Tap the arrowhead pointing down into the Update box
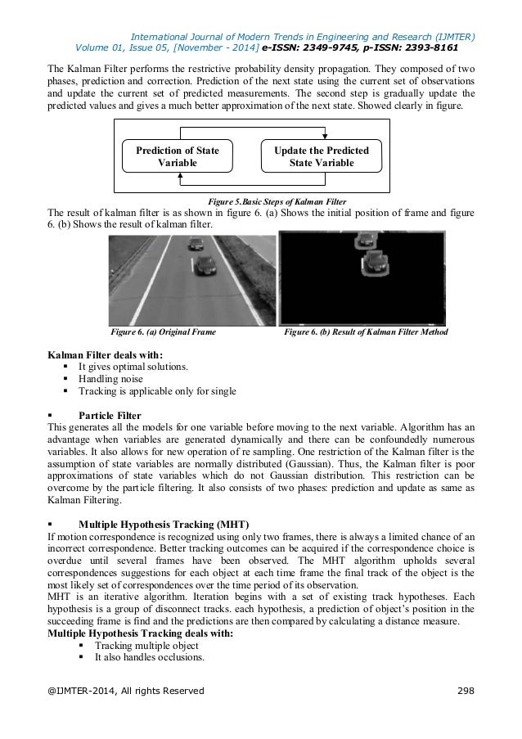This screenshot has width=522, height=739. coord(326,136)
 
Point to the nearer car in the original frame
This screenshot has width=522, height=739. coord(205,265)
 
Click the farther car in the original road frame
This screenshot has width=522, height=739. coord(196,243)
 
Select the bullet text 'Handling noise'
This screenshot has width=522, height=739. coord(110,379)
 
